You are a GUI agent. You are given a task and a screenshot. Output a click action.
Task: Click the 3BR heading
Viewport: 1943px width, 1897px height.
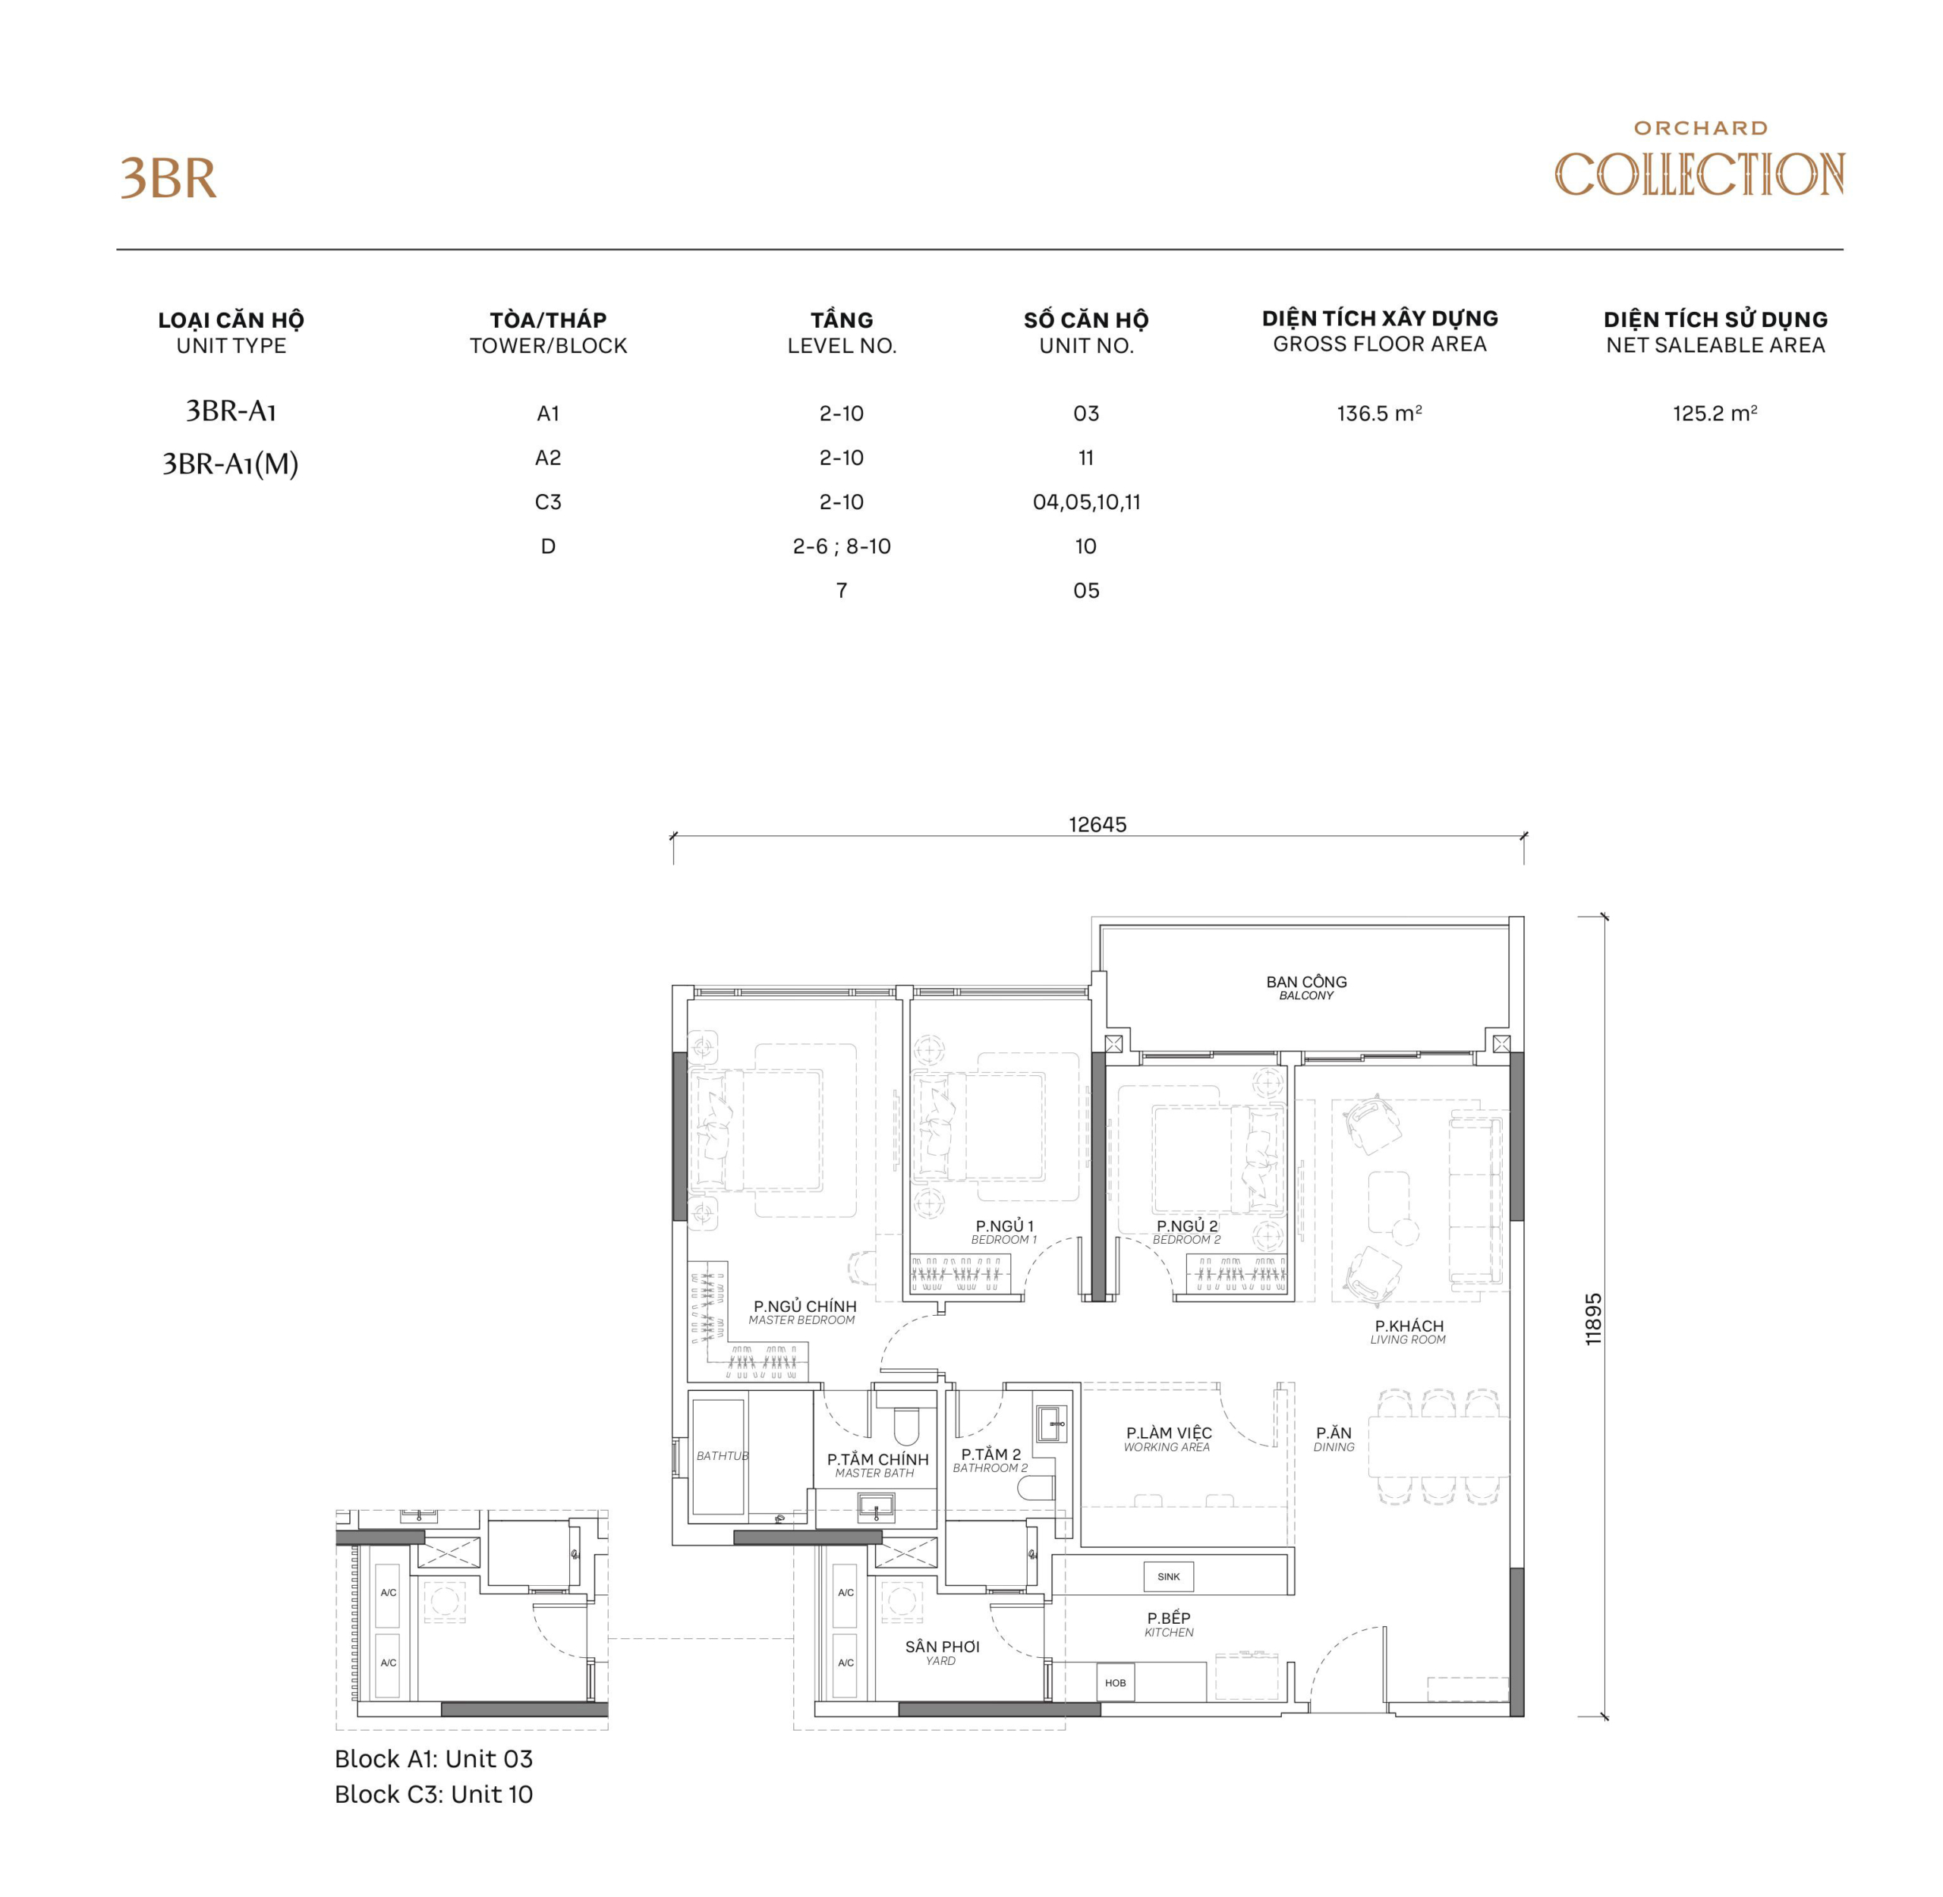pyautogui.click(x=168, y=179)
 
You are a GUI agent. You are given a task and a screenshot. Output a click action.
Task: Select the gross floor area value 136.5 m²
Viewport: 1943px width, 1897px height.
pyautogui.click(x=1379, y=414)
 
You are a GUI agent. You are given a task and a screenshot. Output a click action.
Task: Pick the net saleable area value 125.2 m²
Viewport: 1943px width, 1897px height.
pyautogui.click(x=1714, y=414)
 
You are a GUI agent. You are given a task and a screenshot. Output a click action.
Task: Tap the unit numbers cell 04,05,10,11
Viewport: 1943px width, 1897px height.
pyautogui.click(x=1086, y=502)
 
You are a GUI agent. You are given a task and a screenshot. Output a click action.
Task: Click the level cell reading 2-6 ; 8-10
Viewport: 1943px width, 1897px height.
pyautogui.click(x=841, y=546)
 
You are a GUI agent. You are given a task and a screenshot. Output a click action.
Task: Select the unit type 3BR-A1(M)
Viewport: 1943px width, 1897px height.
pyautogui.click(x=230, y=464)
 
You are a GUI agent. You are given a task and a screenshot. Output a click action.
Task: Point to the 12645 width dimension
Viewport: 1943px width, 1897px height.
pyautogui.click(x=1097, y=824)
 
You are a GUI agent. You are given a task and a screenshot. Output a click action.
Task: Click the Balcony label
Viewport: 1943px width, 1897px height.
pyautogui.click(x=1305, y=987)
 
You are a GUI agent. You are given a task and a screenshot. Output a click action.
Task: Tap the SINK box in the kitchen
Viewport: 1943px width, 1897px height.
pyautogui.click(x=1168, y=1576)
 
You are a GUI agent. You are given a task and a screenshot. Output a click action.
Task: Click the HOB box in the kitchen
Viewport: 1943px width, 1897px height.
pyautogui.click(x=1115, y=1683)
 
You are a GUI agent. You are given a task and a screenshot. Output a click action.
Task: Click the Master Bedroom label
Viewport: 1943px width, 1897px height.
pyautogui.click(x=803, y=1312)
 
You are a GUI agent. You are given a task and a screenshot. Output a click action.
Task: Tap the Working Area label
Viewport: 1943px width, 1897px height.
pyautogui.click(x=1168, y=1439)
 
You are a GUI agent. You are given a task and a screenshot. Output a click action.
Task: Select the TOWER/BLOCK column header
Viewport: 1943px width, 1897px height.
pyautogui.click(x=548, y=333)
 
